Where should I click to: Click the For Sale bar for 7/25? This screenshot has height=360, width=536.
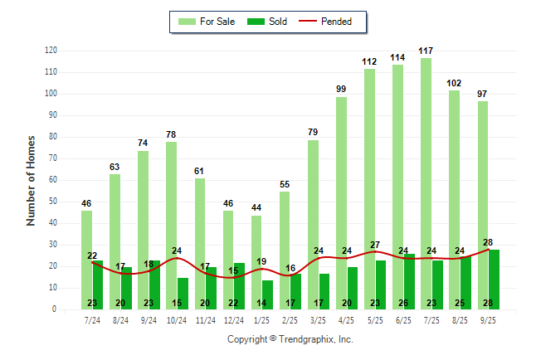[x=426, y=166]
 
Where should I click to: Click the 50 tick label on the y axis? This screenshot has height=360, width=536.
[x=52, y=202]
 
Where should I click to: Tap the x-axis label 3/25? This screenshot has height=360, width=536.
[x=318, y=320]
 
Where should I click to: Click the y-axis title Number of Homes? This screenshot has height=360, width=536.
[x=32, y=180]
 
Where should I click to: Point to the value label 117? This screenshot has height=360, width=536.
[x=426, y=51]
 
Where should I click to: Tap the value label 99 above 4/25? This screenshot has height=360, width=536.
[x=341, y=90]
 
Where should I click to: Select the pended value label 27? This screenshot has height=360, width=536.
[x=374, y=245]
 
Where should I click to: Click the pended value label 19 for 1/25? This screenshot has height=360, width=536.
[x=261, y=262]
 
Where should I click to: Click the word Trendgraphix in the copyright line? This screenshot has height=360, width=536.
[x=306, y=339]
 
